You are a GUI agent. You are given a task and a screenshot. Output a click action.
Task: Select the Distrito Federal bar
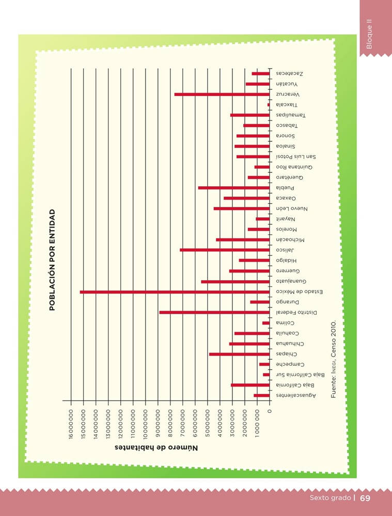pyautogui.click(x=214, y=313)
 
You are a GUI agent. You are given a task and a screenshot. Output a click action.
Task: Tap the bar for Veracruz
pyautogui.click(x=222, y=94)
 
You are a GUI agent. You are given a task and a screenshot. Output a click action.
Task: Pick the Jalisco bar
pyautogui.click(x=225, y=250)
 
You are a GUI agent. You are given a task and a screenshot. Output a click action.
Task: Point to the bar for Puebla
pyautogui.click(x=234, y=188)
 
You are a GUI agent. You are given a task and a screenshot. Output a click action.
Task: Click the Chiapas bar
pyautogui.click(x=239, y=354)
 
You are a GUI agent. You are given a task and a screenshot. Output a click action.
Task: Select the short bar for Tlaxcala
pyautogui.click(x=269, y=105)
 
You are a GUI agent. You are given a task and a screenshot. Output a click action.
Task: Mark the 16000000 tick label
pyautogui.click(x=71, y=425)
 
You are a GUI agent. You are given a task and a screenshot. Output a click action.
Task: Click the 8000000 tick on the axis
pyautogui.click(x=170, y=425)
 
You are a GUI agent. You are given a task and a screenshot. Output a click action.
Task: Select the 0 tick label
pyautogui.click(x=270, y=411)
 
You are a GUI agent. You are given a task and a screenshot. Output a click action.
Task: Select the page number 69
pyautogui.click(x=366, y=498)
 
